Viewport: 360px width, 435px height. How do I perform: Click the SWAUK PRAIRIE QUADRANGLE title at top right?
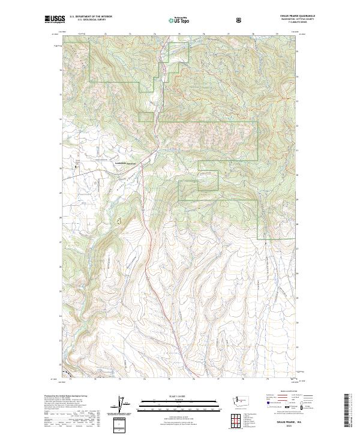pyautogui.click(x=281, y=13)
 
